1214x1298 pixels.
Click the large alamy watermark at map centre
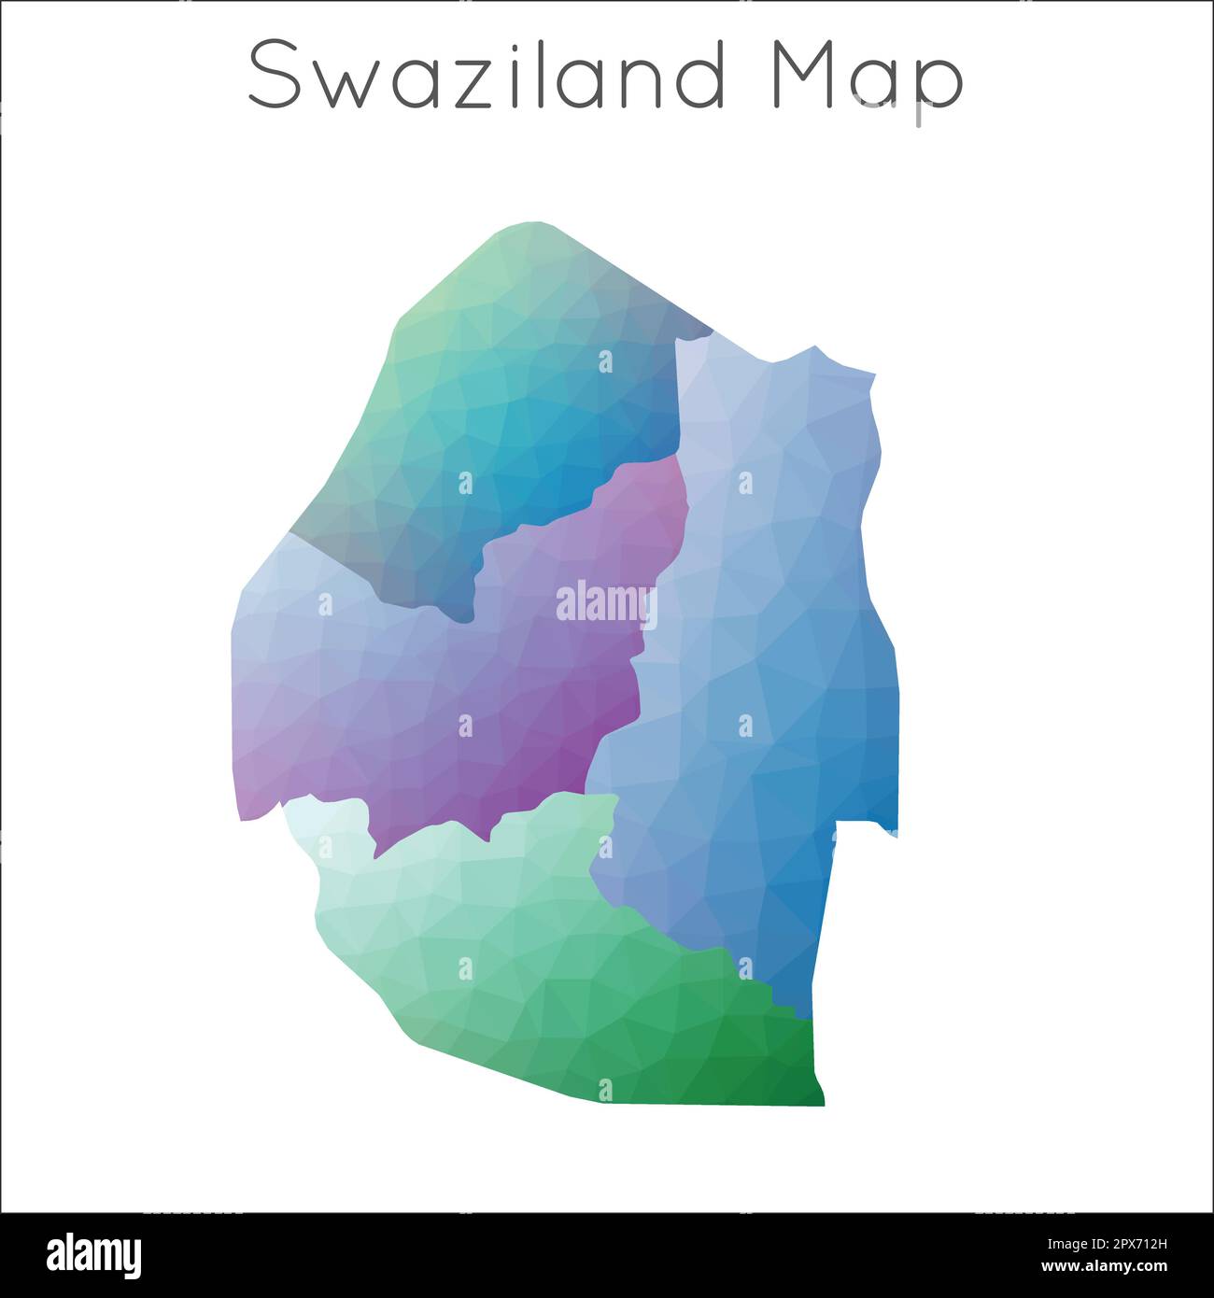605,603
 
